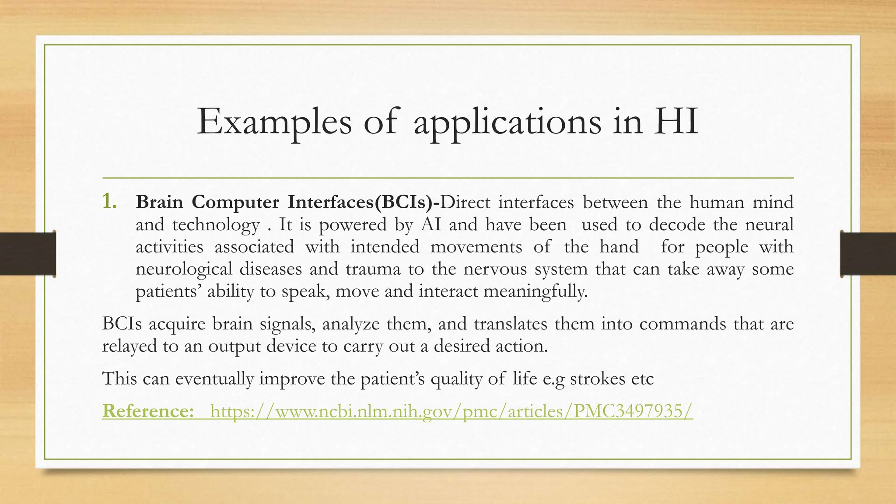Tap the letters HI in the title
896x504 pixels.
pos(675,122)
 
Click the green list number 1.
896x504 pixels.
pos(109,202)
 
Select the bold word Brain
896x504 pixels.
pos(159,202)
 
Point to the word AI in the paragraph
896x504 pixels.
pos(430,224)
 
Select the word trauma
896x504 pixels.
pos(373,269)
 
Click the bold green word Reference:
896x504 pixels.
pos(148,411)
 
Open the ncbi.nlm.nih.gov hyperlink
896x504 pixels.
pos(451,412)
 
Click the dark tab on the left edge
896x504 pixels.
pos(28,254)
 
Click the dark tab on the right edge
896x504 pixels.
pos(868,254)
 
